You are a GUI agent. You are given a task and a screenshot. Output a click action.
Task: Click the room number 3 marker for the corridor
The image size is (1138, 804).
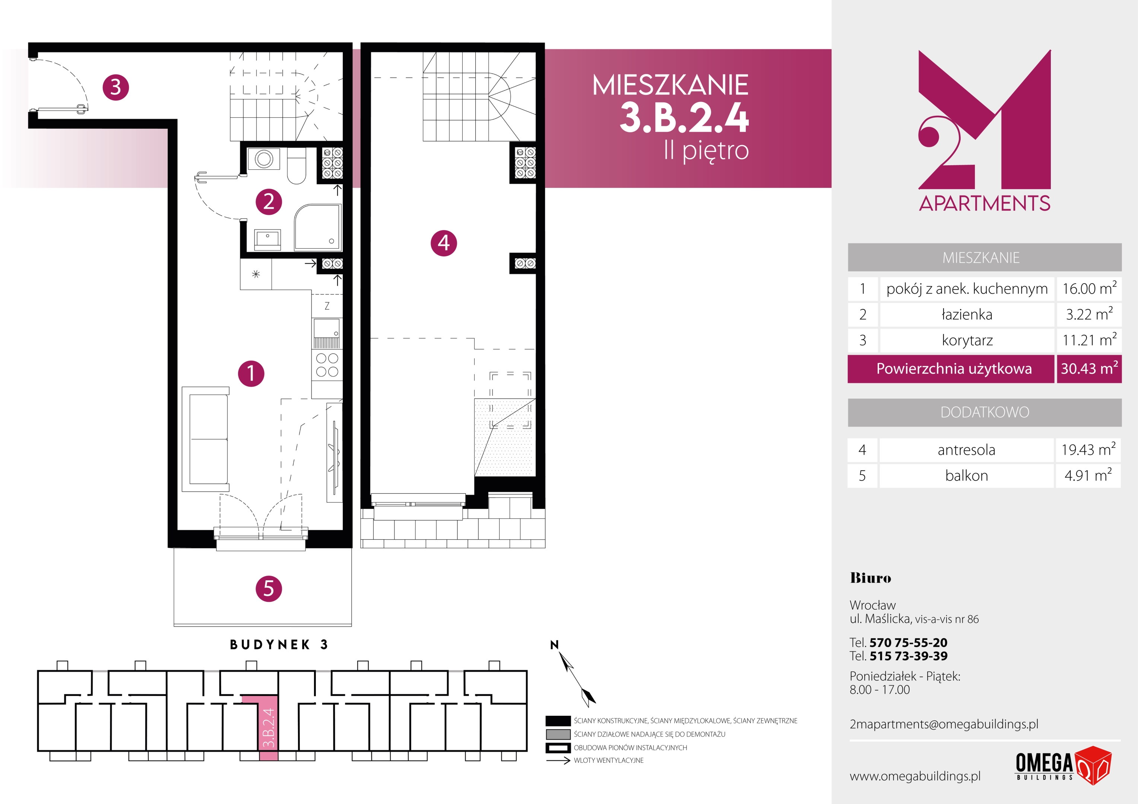tap(115, 87)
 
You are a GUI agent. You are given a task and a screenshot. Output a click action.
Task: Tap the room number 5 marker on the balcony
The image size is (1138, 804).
tap(269, 588)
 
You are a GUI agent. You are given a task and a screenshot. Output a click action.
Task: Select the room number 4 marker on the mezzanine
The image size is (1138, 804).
tap(444, 243)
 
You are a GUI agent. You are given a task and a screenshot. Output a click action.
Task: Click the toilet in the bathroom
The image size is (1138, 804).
tap(297, 166)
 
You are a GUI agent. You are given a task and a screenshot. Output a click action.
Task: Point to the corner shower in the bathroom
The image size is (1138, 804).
tap(318, 227)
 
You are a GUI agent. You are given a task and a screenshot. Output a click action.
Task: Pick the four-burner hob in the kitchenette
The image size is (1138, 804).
tap(327, 365)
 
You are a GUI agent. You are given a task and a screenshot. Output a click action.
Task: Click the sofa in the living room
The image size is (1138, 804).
tap(206, 439)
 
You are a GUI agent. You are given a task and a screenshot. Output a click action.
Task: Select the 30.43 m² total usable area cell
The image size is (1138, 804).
tap(1089, 368)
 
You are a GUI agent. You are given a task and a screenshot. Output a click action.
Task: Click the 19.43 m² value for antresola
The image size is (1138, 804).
tap(1088, 449)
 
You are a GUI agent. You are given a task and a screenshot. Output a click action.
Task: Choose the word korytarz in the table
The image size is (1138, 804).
tap(967, 340)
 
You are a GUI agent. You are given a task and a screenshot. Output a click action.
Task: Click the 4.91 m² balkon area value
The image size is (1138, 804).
tap(1088, 475)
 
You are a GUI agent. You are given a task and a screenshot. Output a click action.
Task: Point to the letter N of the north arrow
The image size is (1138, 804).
tap(555, 644)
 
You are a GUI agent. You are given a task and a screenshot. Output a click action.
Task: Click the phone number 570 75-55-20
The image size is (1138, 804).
tap(909, 642)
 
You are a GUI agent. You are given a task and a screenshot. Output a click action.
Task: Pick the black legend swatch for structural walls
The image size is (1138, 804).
tap(558, 721)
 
